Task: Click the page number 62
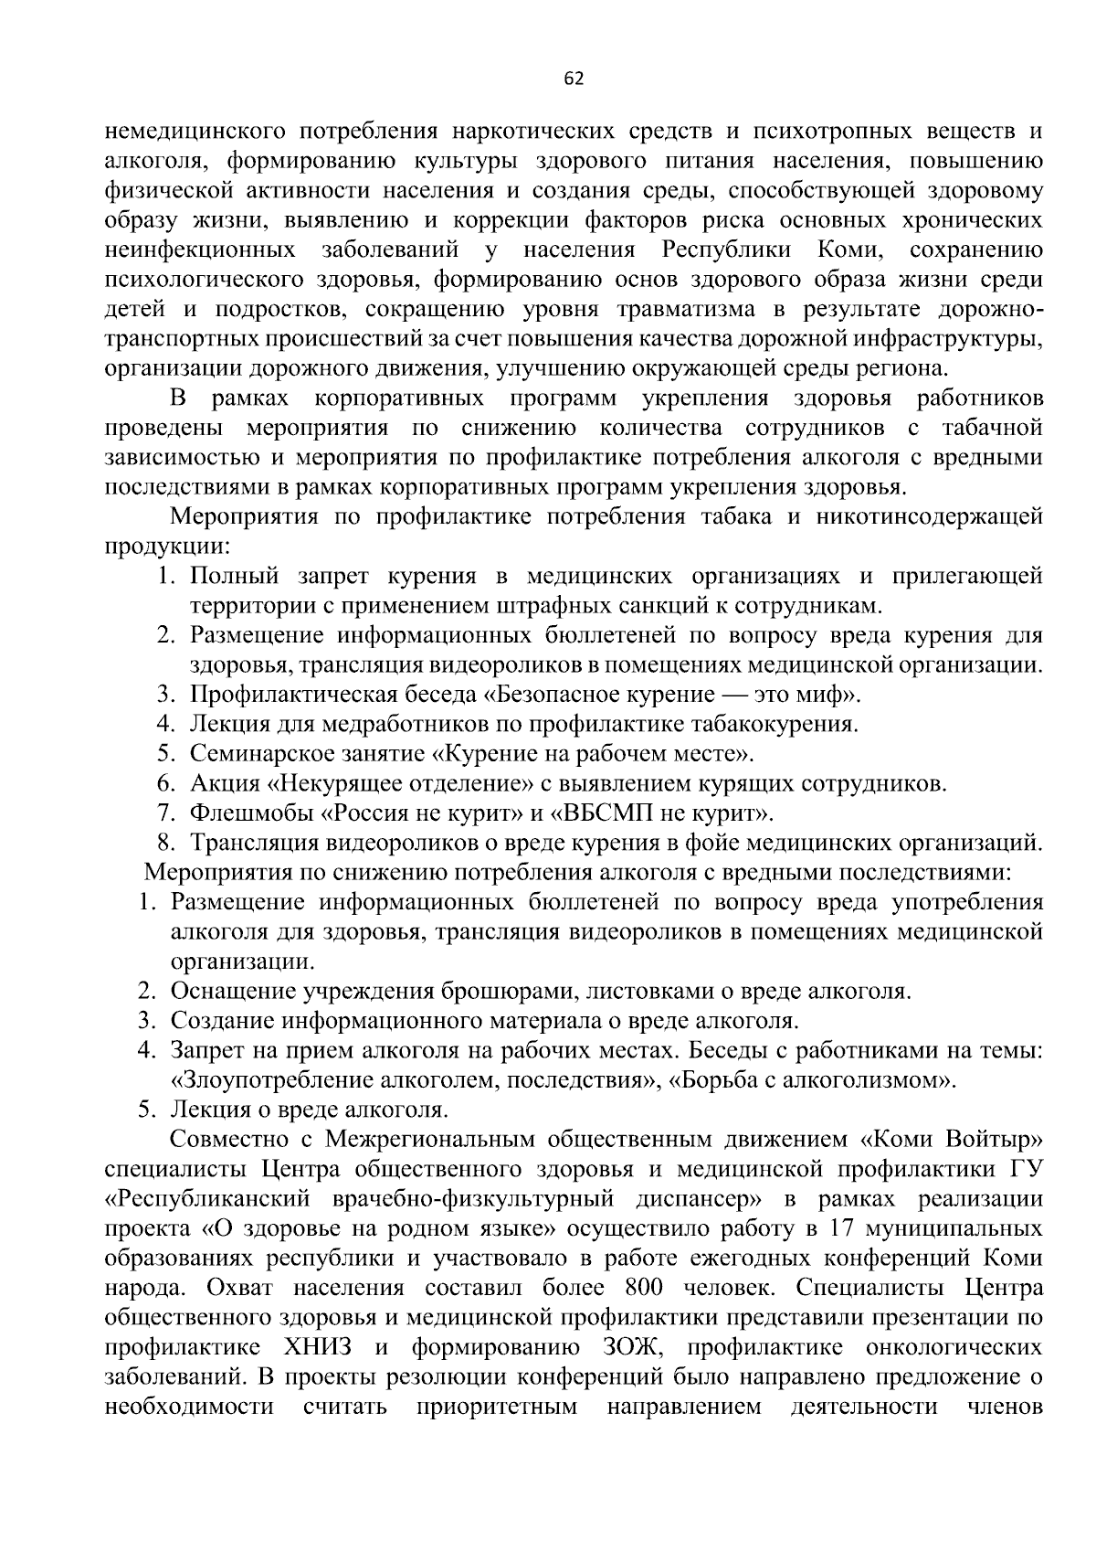point(574,79)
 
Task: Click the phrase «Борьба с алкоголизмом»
point(812,1081)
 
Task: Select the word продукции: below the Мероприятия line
point(166,547)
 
